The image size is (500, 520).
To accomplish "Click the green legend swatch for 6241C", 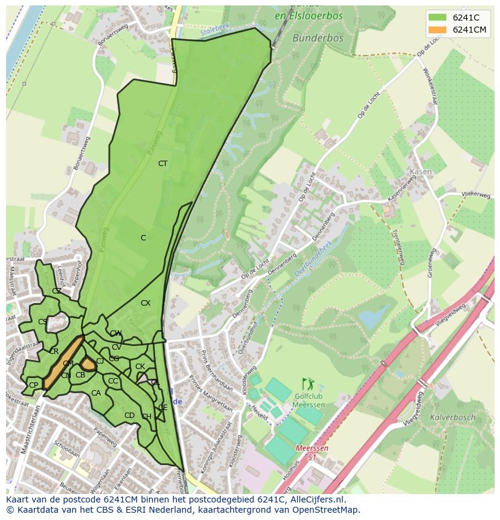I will pos(438,18).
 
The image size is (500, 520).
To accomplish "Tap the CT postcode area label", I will pos(162,164).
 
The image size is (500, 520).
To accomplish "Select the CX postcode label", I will pos(146,303).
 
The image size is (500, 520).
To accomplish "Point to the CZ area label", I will pos(56,290).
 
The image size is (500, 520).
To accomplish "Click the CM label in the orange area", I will pos(68,364).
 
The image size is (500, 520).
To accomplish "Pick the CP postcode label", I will pos(33,385).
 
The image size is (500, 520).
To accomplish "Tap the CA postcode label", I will pos(96,393).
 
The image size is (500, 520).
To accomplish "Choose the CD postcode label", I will pos(129,416).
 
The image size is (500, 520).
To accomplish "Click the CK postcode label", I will pos(140,367).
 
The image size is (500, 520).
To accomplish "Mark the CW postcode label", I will pos(116,333).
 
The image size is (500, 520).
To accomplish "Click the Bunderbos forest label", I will pos(318,37).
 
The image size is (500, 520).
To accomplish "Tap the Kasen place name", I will pos(420,172).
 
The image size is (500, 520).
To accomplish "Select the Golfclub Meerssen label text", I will pos(309,400).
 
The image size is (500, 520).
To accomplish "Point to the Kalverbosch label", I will pos(452,417).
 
